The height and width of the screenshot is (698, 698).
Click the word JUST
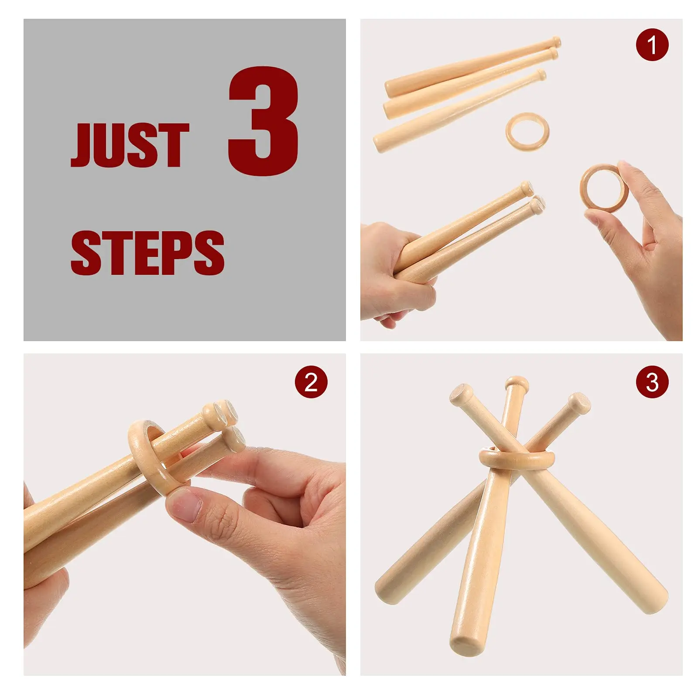pyautogui.click(x=130, y=145)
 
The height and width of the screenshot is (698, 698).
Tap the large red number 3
pyautogui.click(x=264, y=121)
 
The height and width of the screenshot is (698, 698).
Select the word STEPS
pyautogui.click(x=147, y=253)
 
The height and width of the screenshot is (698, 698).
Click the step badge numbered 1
pyautogui.click(x=652, y=44)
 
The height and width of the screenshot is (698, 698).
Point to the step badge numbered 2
pyautogui.click(x=311, y=382)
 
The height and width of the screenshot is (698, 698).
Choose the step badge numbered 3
pyautogui.click(x=652, y=382)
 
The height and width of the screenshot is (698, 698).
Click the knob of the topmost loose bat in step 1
pyautogui.click(x=556, y=42)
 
